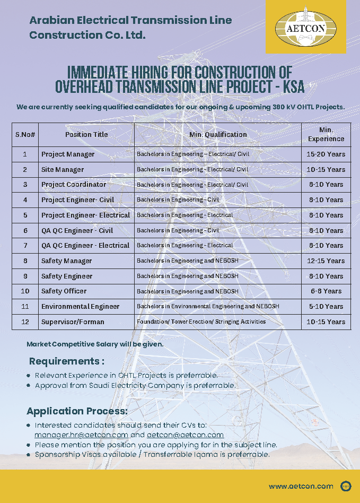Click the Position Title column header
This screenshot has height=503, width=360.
[x=86, y=135]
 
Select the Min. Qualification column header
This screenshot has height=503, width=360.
[x=218, y=135]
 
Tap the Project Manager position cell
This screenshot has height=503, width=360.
[x=68, y=154]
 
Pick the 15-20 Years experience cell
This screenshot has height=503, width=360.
[x=326, y=154]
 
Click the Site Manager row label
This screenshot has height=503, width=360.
[x=63, y=170]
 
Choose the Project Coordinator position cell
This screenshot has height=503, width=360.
[x=74, y=185]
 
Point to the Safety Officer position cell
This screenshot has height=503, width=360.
[x=64, y=291]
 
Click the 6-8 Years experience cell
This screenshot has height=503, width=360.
[x=326, y=291]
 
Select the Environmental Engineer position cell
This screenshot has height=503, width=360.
[x=80, y=307]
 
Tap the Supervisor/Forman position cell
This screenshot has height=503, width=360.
[x=73, y=322]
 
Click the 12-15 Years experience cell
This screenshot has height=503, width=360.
[x=326, y=261]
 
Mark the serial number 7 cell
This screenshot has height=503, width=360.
[x=25, y=246]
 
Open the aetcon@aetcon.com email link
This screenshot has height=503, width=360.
[x=185, y=435]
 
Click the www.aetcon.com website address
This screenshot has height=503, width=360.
[x=301, y=486]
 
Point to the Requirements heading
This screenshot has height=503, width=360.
[x=66, y=361]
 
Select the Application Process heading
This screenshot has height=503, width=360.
[x=77, y=411]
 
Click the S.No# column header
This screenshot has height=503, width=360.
[x=25, y=135]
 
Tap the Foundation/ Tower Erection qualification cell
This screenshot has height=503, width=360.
[x=201, y=322]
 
